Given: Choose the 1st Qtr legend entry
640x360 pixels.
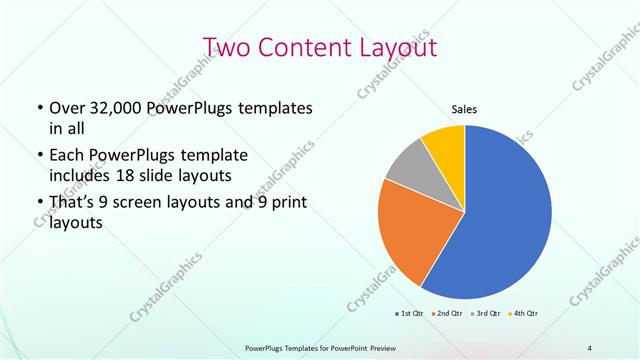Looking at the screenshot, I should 411,315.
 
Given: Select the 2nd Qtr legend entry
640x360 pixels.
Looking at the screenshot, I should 446,315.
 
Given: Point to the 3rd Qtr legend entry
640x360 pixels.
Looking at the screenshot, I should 487,315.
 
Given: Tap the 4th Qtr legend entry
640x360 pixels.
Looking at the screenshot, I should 524,315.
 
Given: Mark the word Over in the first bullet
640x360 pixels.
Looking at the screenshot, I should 68,108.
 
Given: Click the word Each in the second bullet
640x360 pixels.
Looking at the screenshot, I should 68,156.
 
